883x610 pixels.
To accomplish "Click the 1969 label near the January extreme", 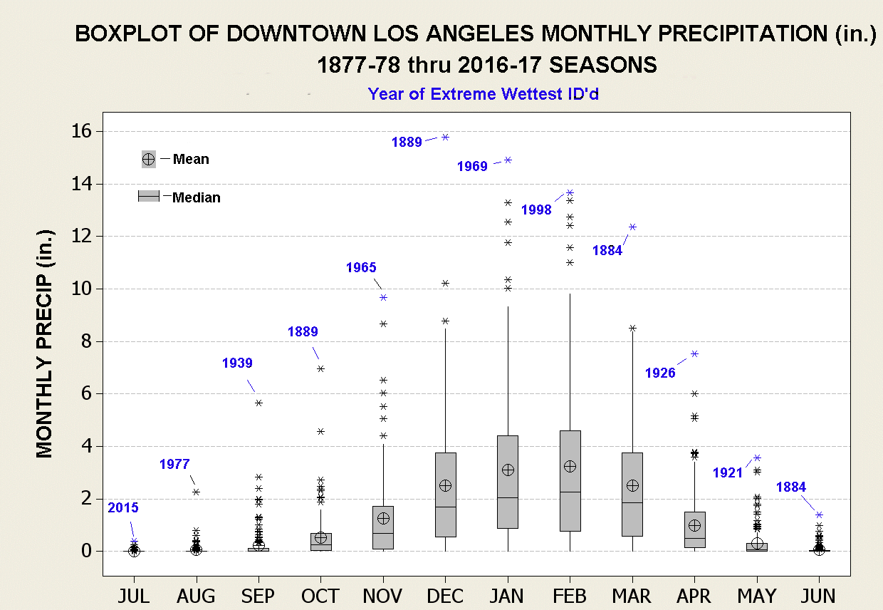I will pos(472,167).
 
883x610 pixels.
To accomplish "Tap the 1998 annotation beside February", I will pos(536,210).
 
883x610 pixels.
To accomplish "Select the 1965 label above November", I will pos(361,268).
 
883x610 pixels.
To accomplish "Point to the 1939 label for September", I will pos(237,363).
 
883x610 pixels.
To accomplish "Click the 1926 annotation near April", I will pos(660,373).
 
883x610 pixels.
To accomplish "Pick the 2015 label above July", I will pos(123,508).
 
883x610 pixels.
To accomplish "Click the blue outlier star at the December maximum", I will pos(446,137).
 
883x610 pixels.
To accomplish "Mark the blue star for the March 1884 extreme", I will pos(632,227).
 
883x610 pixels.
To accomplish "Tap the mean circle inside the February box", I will pos(570,466).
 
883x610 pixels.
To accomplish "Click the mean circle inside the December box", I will pos(446,485).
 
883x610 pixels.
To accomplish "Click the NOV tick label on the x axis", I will pos(382,596).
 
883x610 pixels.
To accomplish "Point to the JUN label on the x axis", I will pos(819,596).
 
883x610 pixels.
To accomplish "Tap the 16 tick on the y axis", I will pos(84,132).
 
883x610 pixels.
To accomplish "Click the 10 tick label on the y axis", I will pos(84,289).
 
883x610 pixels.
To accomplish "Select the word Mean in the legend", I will pos(191,159).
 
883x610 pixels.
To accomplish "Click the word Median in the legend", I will pos(197,197).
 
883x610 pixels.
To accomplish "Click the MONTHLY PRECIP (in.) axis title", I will pos(44,343).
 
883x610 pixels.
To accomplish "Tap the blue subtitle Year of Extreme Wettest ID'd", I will pos(483,93).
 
